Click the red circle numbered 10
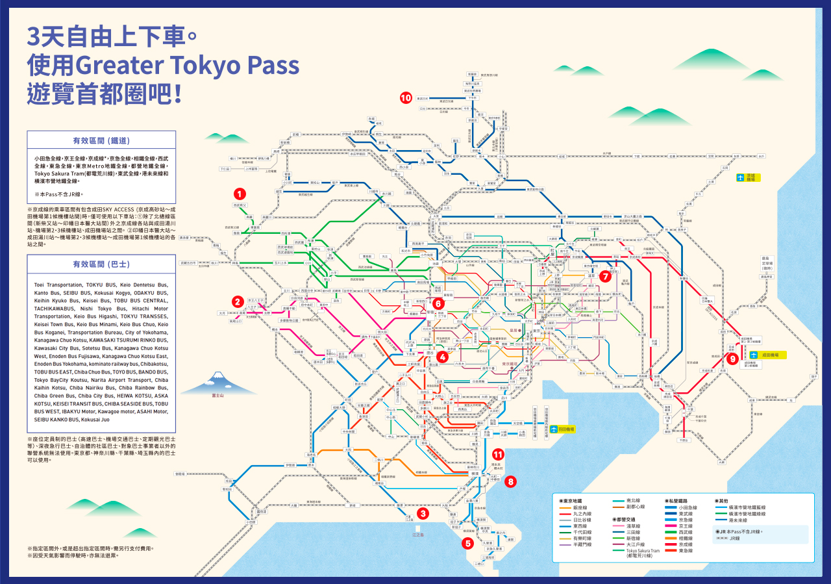(x=406, y=98)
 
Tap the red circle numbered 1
(x=240, y=194)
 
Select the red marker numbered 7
(x=605, y=276)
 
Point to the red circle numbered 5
(x=467, y=544)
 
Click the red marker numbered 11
(x=498, y=455)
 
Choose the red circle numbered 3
(x=423, y=513)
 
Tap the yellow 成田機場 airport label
(x=769, y=355)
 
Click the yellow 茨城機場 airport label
(x=748, y=177)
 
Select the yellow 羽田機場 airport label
(x=562, y=429)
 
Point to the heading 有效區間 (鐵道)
(x=101, y=140)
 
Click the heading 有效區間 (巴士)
(x=101, y=264)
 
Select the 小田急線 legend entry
(x=688, y=508)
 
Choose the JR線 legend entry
(x=734, y=539)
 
